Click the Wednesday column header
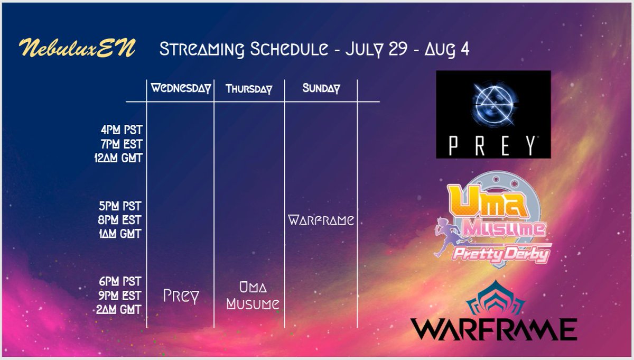point(181,88)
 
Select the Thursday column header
point(249,89)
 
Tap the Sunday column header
point(321,88)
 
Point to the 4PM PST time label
point(122,130)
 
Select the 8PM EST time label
point(122,219)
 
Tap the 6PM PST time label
point(122,281)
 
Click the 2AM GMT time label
point(121,309)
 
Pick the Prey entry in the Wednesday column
point(181,296)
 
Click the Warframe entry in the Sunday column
point(321,220)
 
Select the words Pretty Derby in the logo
point(499,254)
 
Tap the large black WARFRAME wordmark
point(493,329)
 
